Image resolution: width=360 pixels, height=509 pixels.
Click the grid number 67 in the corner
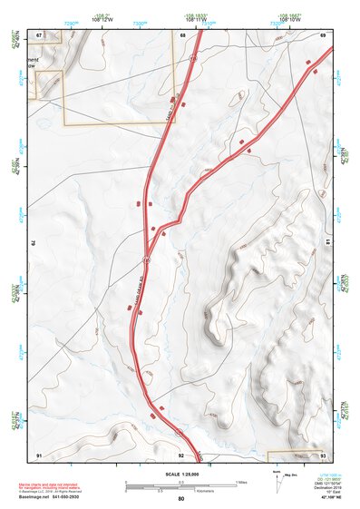coord(39,35)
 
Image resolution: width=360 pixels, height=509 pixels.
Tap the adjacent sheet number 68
coord(182,35)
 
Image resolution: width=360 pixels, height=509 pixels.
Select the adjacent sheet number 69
coord(323,35)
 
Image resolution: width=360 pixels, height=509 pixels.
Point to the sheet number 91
coord(39,454)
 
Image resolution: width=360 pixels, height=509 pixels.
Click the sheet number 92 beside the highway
coord(181,454)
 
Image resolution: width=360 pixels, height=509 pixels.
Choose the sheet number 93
coord(323,454)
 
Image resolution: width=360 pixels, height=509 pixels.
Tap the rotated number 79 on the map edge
coord(34,243)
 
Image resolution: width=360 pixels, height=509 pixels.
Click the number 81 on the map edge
coord(328,243)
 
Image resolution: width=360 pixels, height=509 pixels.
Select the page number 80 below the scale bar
coord(181,499)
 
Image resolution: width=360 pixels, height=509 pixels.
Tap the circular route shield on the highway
coord(144,259)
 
